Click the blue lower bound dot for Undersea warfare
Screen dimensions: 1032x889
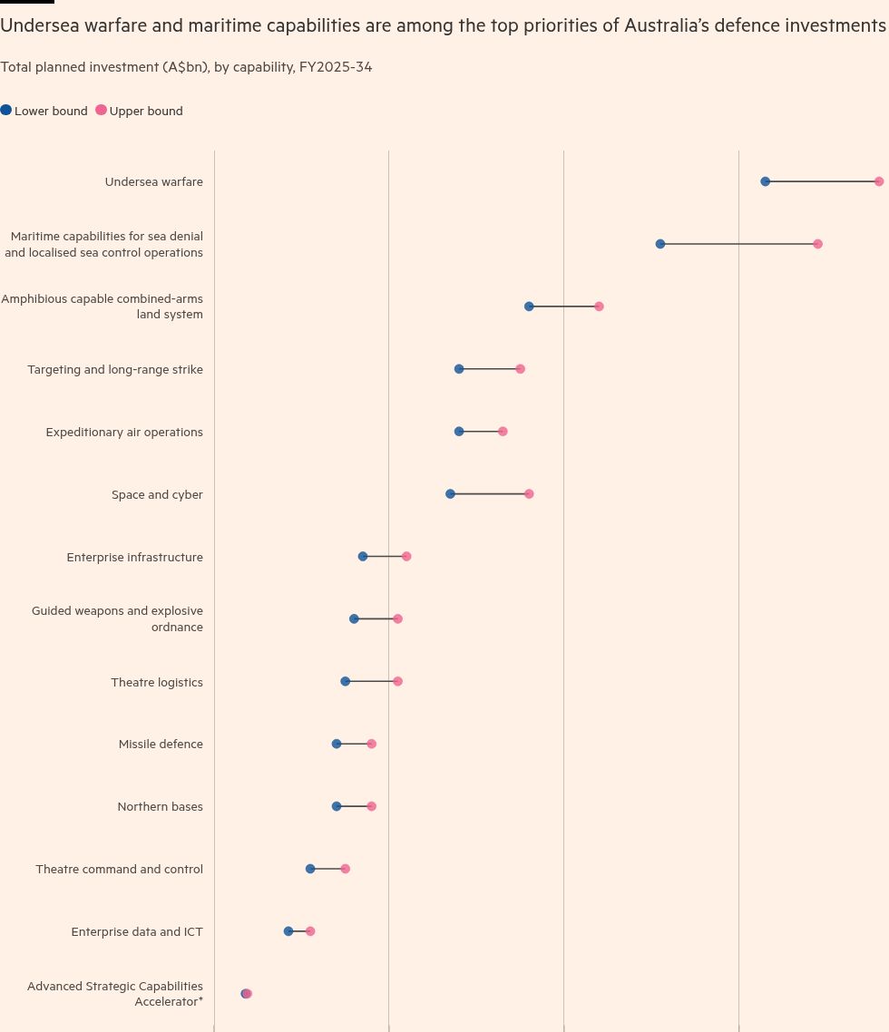pos(766,181)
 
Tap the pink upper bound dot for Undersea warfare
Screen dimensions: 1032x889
pos(879,181)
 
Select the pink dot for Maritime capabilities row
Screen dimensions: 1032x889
pos(817,244)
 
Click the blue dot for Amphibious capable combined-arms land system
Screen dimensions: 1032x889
pos(529,307)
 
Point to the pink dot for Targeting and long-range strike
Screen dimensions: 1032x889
pos(520,369)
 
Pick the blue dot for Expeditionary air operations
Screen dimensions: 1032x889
pos(459,432)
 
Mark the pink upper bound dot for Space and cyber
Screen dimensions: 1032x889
pos(529,494)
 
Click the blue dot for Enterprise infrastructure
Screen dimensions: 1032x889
pos(363,556)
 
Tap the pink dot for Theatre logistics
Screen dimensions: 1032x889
pos(397,681)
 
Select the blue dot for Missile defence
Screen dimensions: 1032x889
pos(337,744)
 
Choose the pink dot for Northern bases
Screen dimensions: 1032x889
pos(371,806)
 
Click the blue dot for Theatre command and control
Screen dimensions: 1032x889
pos(310,869)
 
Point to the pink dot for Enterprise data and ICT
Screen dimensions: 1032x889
pos(310,931)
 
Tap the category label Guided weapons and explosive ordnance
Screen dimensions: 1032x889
pos(117,618)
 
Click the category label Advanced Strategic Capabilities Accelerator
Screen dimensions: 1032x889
pos(115,993)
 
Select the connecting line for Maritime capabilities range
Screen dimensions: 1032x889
pos(738,244)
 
